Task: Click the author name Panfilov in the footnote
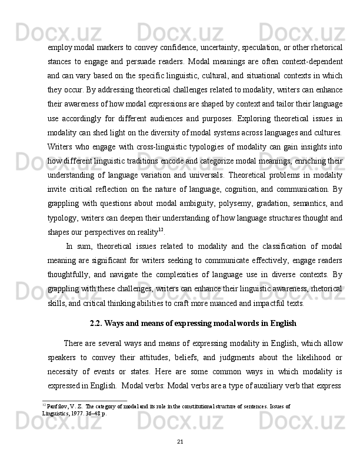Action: pos(56,406)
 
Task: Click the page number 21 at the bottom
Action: pos(180,442)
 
